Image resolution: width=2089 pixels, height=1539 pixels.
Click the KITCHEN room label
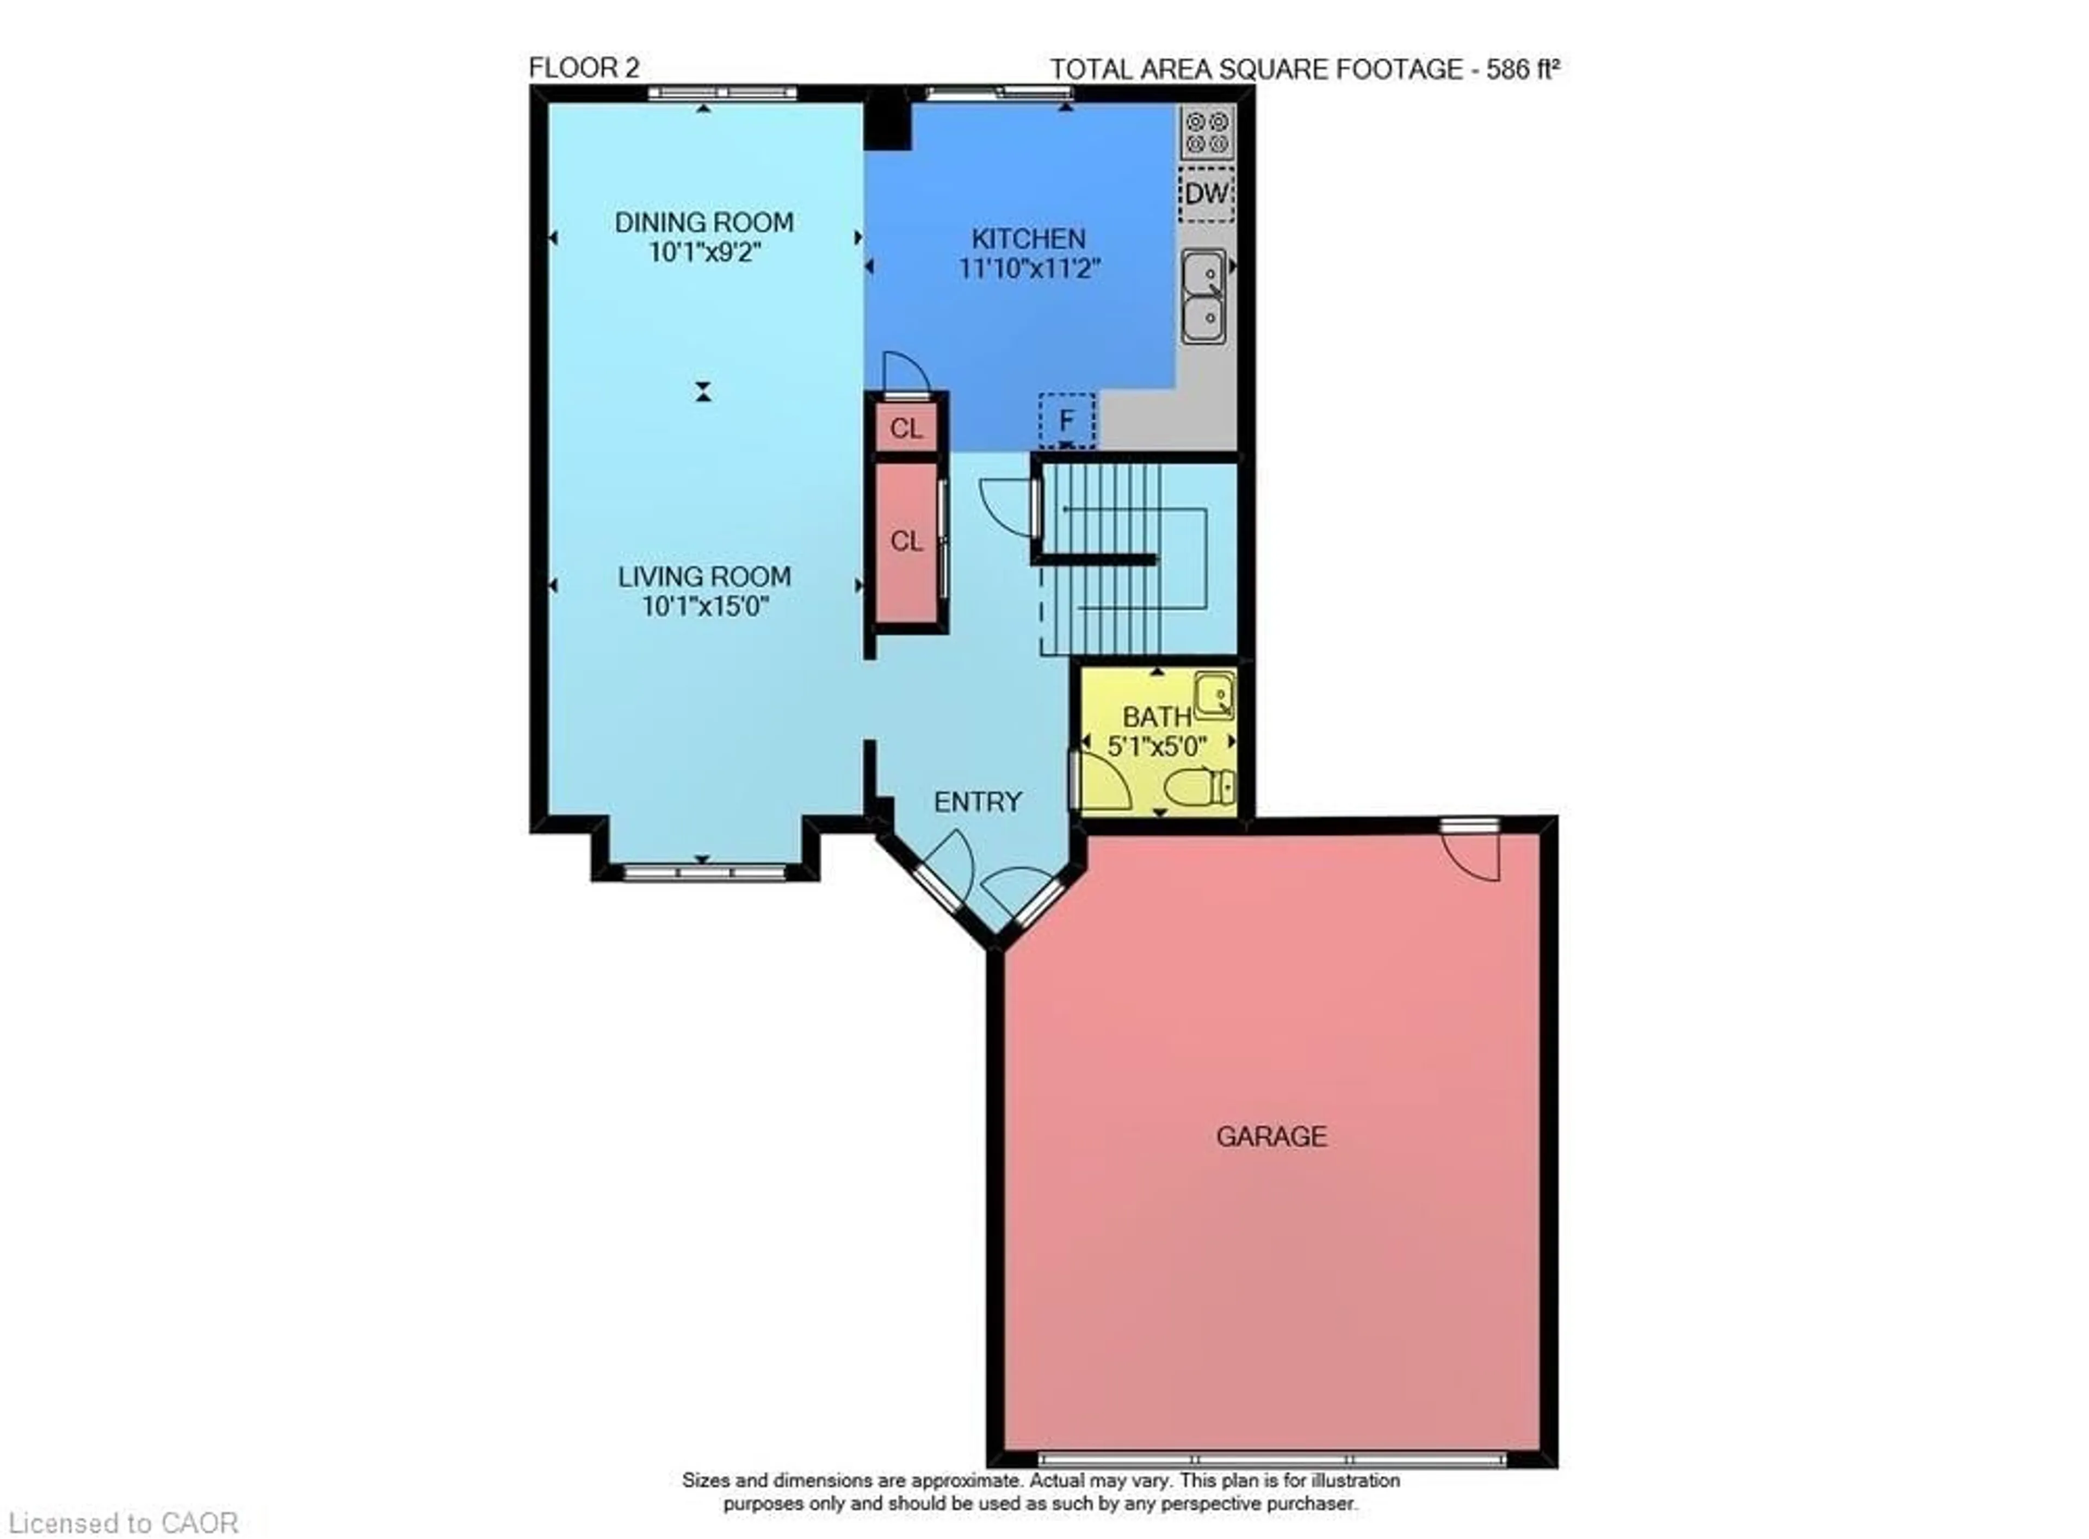(x=1029, y=239)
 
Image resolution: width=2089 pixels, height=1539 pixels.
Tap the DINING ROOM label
(x=704, y=222)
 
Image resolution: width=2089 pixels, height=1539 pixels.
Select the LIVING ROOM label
(x=704, y=576)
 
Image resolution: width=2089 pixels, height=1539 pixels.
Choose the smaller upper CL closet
(x=906, y=429)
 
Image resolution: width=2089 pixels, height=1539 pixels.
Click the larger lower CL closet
(x=906, y=541)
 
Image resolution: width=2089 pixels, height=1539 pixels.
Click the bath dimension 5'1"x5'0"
(x=1157, y=746)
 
